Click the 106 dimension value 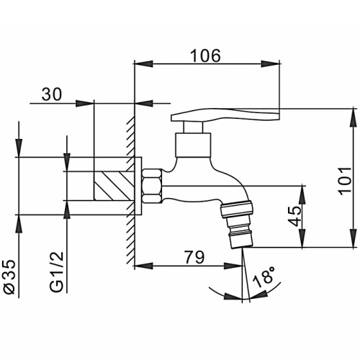point(205,55)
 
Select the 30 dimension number point(52,94)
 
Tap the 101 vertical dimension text point(344,179)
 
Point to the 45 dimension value point(294,216)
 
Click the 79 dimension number point(194,257)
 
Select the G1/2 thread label point(57,271)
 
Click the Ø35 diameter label point(10,276)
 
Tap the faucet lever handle point(225,114)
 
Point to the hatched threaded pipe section point(114,186)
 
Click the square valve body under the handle point(193,145)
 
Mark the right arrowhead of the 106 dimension point(271,64)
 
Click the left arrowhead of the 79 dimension point(144,266)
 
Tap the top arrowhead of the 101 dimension point(354,117)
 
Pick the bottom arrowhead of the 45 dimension point(303,238)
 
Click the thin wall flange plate point(138,186)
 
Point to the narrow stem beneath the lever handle point(193,127)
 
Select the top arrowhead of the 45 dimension point(303,195)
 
